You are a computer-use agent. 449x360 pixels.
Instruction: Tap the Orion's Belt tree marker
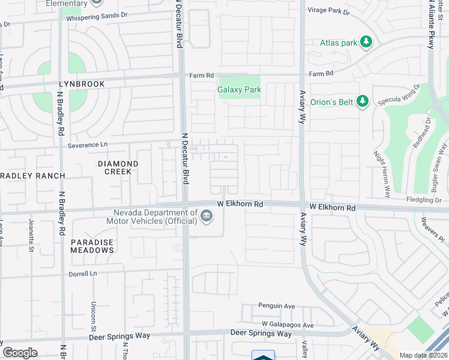pos(362,101)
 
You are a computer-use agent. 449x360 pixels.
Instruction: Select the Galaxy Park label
pos(239,89)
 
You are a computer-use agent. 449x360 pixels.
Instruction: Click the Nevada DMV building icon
pos(206,215)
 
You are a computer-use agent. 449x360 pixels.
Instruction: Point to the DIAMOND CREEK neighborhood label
pos(118,167)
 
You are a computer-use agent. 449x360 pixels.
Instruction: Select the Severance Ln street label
pos(87,145)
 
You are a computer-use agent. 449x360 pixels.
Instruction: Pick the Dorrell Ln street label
pos(82,273)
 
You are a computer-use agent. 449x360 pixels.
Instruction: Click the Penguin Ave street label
pos(277,306)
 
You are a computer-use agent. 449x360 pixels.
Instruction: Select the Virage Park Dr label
pos(328,10)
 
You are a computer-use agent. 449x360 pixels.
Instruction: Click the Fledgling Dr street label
pos(424,200)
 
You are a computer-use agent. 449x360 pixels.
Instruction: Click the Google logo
pos(20,353)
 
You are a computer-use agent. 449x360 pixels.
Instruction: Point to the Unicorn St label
pos(94,315)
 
